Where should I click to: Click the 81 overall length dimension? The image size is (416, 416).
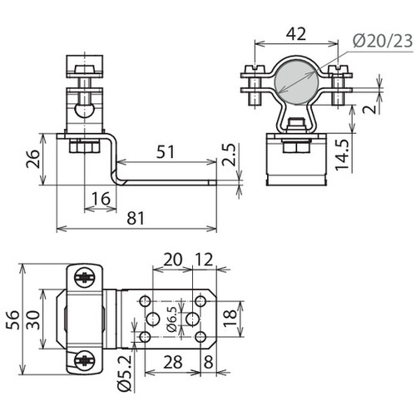click(x=136, y=218)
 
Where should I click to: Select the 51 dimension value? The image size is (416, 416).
click(x=166, y=151)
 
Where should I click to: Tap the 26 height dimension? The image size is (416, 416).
click(x=33, y=159)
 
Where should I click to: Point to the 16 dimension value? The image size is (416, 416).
click(x=101, y=199)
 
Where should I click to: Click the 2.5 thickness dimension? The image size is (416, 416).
click(x=229, y=155)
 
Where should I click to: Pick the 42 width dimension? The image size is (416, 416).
click(x=296, y=34)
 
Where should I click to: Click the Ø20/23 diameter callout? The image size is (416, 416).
click(x=383, y=42)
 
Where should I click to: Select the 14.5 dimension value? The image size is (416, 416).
click(x=343, y=155)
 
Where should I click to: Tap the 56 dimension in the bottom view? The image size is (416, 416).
click(x=12, y=319)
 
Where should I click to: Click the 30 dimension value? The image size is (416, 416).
click(x=33, y=319)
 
